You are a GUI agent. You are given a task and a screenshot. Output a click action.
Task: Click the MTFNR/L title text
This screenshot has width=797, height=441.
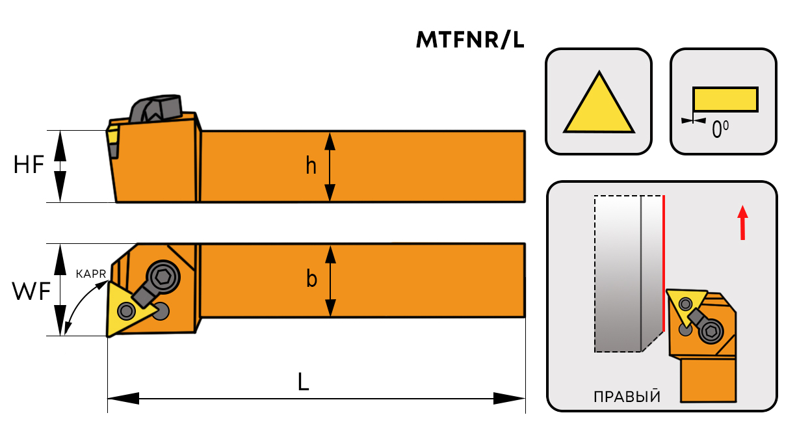click(x=470, y=40)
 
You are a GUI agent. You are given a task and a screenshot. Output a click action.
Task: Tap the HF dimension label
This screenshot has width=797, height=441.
click(x=29, y=166)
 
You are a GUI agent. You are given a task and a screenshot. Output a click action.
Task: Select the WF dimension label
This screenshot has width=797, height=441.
click(x=31, y=292)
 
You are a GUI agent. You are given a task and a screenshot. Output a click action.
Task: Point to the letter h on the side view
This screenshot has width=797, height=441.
click(x=311, y=167)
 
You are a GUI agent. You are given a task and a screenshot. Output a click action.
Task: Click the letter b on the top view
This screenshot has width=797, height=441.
click(x=311, y=280)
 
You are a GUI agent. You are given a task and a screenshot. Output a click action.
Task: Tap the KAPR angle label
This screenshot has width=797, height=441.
click(x=90, y=274)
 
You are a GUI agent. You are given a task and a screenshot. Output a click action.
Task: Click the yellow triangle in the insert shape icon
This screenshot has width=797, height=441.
click(x=599, y=106)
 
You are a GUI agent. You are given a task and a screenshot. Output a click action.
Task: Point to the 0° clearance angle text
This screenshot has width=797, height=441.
click(x=720, y=130)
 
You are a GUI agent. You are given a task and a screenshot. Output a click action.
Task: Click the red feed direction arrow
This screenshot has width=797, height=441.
click(x=742, y=222)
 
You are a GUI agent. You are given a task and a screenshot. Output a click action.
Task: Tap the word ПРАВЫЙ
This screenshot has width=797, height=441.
click(x=627, y=396)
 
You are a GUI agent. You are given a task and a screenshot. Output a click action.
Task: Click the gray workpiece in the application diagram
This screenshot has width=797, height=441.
click(x=618, y=273)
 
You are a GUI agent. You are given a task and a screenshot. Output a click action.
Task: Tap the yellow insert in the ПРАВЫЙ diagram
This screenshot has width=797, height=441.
click(x=686, y=305)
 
